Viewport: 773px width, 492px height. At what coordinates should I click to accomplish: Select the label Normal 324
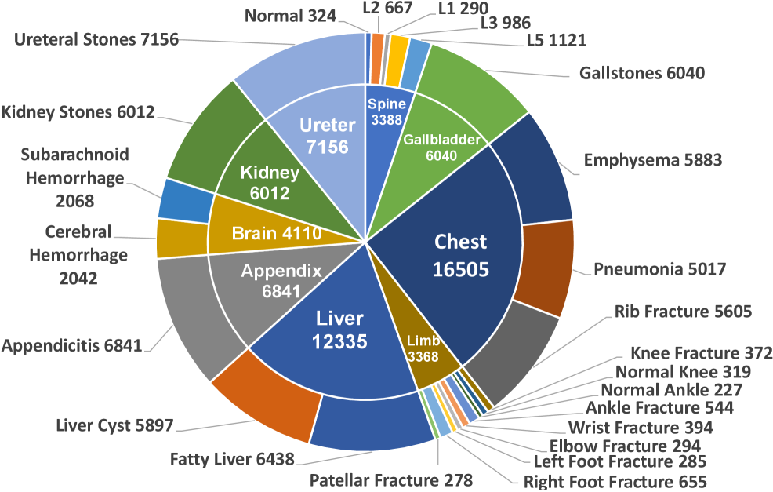tap(290, 15)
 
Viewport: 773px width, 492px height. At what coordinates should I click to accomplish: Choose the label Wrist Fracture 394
tap(641, 428)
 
